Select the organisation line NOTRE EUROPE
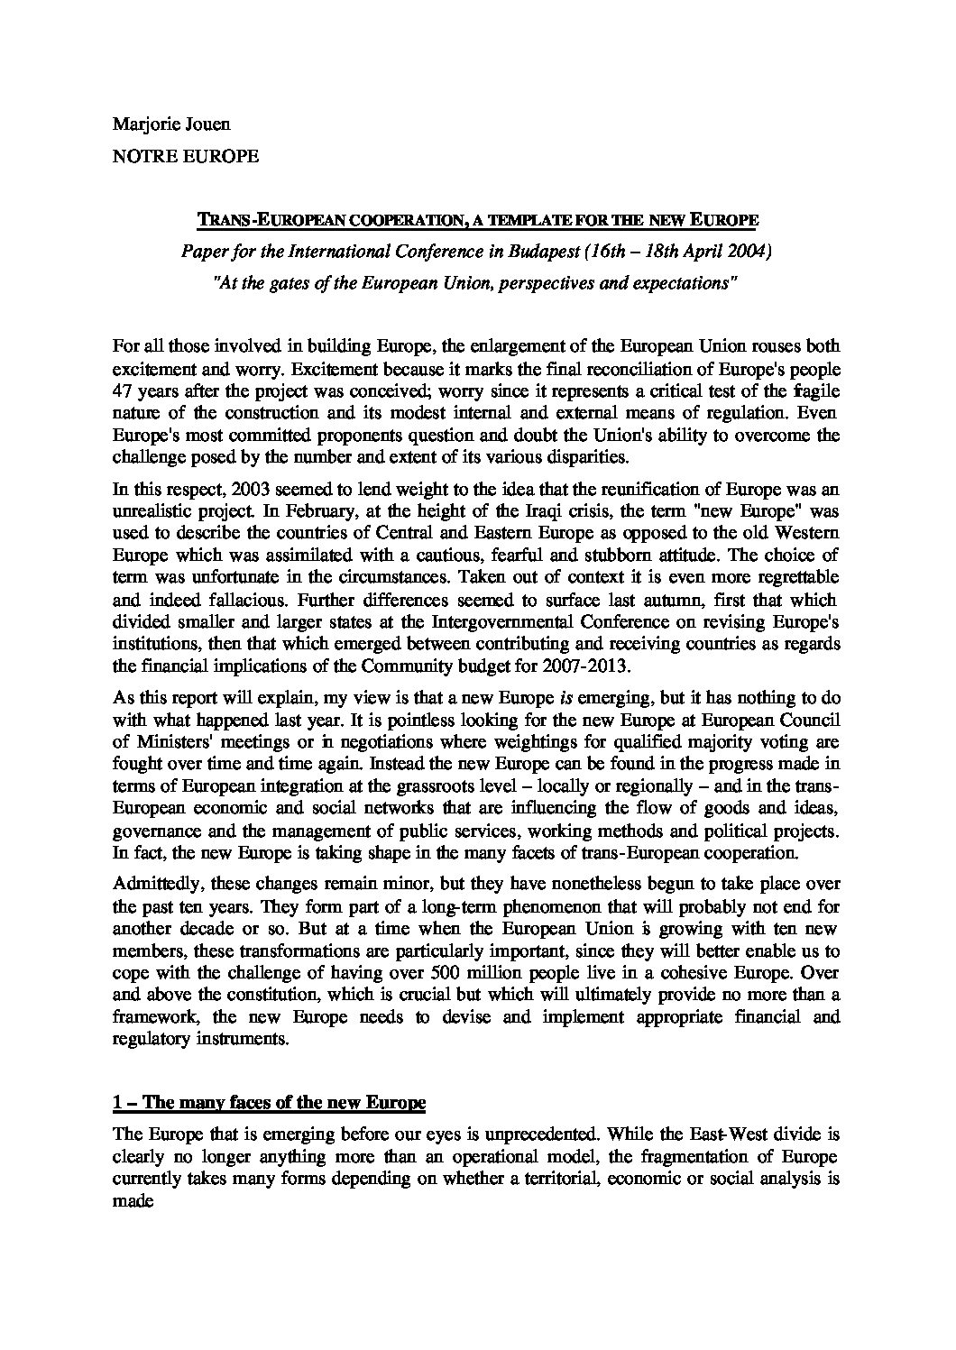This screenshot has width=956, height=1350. tap(185, 156)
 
